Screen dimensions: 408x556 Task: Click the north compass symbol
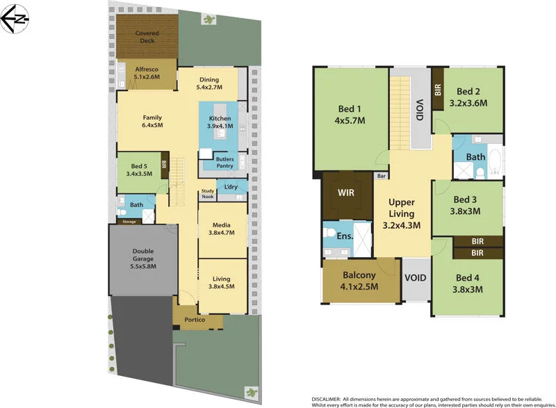click(15, 19)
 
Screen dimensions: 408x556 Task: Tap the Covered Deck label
click(147, 37)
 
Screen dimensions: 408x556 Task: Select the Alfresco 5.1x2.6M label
click(147, 73)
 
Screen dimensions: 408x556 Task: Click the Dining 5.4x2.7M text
click(209, 83)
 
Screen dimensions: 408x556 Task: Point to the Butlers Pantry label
click(224, 163)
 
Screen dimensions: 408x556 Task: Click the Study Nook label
click(208, 194)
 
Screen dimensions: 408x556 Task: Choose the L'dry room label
click(231, 186)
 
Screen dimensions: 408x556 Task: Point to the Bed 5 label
click(139, 170)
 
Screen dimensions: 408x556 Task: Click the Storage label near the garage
click(130, 222)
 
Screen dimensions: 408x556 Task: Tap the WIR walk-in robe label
click(347, 191)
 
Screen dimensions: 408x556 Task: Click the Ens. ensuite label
click(345, 236)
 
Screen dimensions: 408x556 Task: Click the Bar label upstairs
click(382, 177)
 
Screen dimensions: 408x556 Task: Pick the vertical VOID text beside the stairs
click(419, 110)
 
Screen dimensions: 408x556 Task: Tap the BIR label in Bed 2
click(438, 90)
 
